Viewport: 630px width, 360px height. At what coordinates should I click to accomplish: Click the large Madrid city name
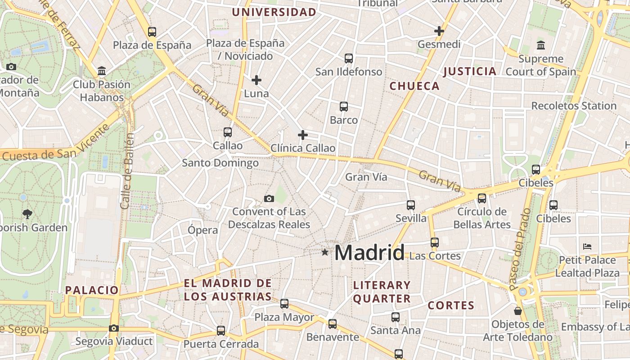point(369,252)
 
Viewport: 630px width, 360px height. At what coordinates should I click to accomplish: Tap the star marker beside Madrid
point(325,252)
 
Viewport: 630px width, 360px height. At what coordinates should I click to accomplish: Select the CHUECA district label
point(414,86)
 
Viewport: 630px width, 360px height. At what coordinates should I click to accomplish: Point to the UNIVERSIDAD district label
point(274,12)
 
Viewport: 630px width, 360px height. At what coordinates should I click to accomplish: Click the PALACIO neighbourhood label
point(92,290)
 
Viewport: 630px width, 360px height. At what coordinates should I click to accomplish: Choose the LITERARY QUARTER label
point(382,292)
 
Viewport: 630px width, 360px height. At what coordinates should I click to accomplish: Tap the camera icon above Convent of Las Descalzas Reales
point(269,198)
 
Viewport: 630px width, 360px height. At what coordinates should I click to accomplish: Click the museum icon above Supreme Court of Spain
point(541,45)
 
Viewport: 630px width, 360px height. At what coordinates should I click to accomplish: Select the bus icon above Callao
point(228,132)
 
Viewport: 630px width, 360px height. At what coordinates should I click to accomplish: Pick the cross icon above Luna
point(256,80)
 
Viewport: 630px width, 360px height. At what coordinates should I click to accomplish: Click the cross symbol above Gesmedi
point(439,31)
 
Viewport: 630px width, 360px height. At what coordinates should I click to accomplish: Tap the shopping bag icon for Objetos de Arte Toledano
point(518,311)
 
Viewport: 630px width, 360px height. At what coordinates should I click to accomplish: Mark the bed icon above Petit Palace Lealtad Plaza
point(587,247)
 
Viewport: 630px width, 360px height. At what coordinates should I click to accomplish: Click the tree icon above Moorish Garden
point(27,214)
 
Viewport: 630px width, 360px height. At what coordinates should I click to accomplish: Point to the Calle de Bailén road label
point(127,171)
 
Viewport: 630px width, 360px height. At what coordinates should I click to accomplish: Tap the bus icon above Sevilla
point(411,205)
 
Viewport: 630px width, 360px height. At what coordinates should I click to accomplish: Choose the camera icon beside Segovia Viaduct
point(114,328)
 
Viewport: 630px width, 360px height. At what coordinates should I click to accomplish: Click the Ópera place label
point(202,230)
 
